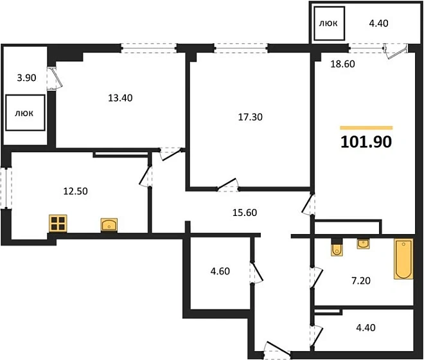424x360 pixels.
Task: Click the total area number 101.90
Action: [366, 142]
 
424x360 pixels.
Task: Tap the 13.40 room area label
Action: [120, 98]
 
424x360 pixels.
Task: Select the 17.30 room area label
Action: [250, 117]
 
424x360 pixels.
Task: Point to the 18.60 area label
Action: [342, 64]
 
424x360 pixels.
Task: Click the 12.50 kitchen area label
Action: [75, 192]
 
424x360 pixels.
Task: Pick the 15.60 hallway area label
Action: [245, 213]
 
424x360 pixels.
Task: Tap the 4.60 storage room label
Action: [220, 271]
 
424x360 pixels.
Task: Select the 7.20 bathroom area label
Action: [361, 281]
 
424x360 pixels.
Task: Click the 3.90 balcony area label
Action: [26, 78]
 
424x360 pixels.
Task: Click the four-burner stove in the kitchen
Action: [58, 224]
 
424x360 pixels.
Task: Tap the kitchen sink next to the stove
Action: [109, 225]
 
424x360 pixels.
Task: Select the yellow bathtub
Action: [403, 259]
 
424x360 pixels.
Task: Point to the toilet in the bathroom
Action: [337, 248]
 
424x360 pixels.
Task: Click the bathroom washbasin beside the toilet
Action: [363, 244]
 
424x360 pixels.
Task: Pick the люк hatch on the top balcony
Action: [329, 24]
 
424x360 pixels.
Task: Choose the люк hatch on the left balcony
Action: [25, 113]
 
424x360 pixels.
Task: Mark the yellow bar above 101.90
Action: [366, 128]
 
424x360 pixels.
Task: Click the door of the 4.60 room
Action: [256, 273]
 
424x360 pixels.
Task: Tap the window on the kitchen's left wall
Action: [6, 188]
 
